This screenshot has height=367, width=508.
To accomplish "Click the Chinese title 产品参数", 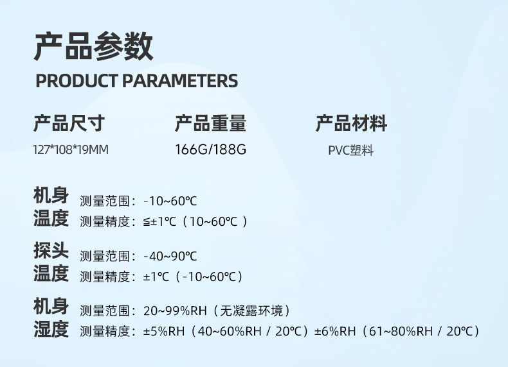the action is coord(93,46).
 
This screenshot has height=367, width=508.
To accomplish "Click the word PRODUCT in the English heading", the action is coord(77,81).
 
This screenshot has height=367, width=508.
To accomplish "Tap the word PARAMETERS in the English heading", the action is coord(180,81).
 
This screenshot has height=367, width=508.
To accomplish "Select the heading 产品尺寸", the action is coord(69,123).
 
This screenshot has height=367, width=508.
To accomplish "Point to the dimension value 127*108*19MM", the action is coord(71,150).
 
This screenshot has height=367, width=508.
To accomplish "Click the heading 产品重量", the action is coord(210,123).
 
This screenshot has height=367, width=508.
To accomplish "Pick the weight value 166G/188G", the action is coord(210,149).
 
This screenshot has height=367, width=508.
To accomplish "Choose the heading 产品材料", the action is coord(352,123).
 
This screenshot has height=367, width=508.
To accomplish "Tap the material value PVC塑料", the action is coord(351,151).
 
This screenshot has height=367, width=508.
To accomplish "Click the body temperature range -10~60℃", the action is coord(170,201).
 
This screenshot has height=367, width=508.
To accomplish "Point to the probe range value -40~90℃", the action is coord(170,256).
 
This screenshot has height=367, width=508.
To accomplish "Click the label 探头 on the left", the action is coord(51,250).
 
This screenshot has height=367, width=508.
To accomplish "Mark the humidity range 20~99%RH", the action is coord(175,311).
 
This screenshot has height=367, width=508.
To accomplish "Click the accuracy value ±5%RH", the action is coord(164,332).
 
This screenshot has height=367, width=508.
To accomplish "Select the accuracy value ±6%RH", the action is coord(335,332).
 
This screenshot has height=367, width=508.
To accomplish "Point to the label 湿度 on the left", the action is coord(51,329).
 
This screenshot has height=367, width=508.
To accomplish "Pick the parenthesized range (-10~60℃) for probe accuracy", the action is coord(209,277).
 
